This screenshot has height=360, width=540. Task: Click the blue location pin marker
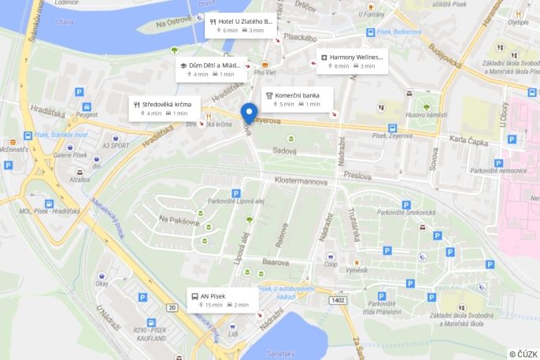pyautogui.click(x=249, y=115)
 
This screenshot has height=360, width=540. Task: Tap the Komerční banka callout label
pyautogui.click(x=297, y=98)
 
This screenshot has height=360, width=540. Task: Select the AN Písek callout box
pyautogui.click(x=224, y=299)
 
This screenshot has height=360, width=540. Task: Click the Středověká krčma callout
pyautogui.click(x=165, y=108)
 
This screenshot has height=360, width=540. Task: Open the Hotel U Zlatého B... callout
pyautogui.click(x=239, y=25)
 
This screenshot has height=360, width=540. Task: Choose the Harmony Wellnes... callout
pyautogui.click(x=352, y=61)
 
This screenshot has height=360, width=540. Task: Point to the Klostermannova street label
pyautogui.click(x=301, y=180)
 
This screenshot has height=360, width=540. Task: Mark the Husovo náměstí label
pyautogui.click(x=426, y=115)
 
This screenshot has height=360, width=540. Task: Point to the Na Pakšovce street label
pyautogui.click(x=179, y=221)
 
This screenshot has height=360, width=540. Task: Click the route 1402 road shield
pyautogui.click(x=338, y=300)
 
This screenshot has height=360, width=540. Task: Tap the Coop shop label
pyautogui.click(x=331, y=265)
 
